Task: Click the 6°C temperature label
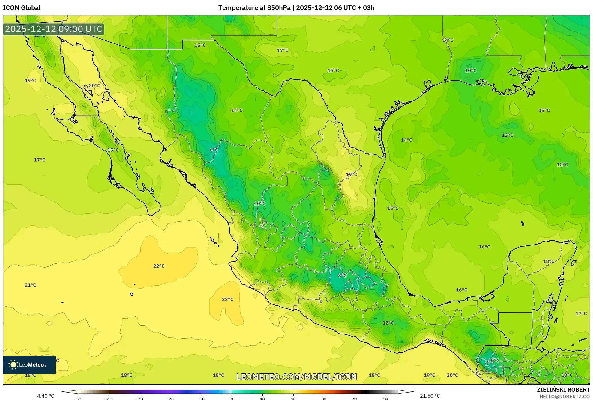coord(214,150)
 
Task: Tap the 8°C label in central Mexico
coord(342,275)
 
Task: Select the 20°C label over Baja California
coord(94,85)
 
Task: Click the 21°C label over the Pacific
coord(30,285)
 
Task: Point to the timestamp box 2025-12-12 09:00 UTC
coord(54,29)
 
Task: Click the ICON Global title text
coord(22,8)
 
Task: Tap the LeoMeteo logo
coord(29,365)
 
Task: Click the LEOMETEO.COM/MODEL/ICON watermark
coord(296,377)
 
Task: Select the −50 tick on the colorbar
coord(78,399)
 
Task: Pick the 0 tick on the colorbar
coord(232,399)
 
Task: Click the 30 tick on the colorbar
coord(324,399)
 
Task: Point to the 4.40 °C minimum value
coord(46,396)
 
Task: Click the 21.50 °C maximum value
coord(430,396)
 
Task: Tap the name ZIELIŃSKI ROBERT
coord(563,390)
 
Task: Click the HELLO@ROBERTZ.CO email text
coord(565,397)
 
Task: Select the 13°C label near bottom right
coord(567,375)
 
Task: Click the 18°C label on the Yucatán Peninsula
coord(548,261)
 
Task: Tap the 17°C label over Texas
coord(282,50)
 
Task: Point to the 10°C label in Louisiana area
coord(470,70)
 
